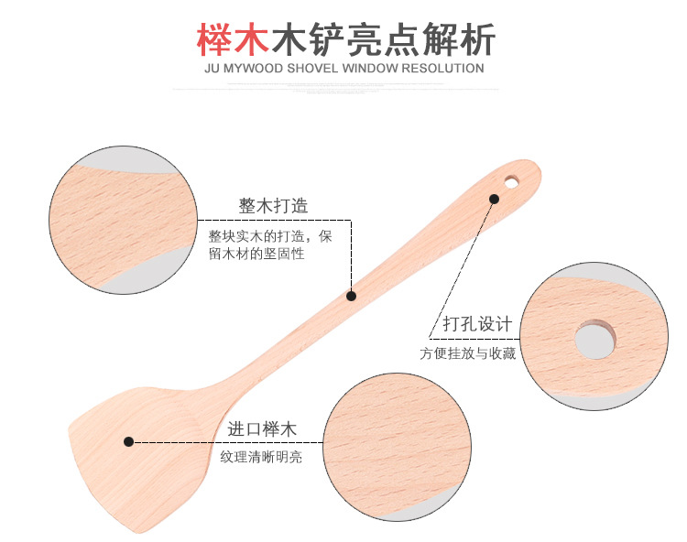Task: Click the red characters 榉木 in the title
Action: point(233,38)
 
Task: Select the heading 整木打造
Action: point(273,205)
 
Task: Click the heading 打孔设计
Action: point(477,325)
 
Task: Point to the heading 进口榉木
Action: point(262,429)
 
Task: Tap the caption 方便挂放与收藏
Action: point(468,353)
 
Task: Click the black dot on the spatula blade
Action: point(129,441)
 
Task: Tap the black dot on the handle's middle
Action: point(350,296)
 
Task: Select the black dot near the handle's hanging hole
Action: point(493,199)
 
